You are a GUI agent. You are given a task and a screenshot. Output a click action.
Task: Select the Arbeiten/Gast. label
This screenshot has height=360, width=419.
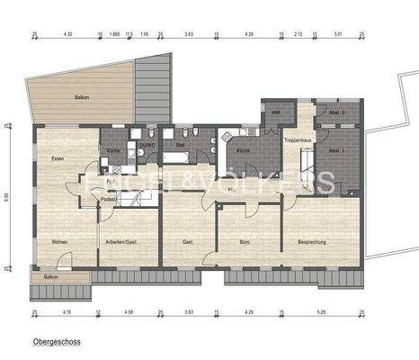tap(118, 242)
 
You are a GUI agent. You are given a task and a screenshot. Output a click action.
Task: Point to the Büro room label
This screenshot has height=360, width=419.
tap(245, 242)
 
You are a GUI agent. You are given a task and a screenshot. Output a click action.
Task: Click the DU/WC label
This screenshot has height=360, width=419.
tap(147, 143)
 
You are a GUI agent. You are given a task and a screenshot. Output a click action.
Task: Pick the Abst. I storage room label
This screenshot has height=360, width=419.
tap(337, 150)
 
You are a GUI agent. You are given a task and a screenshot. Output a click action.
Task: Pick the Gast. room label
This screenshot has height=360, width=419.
tap(188, 242)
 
